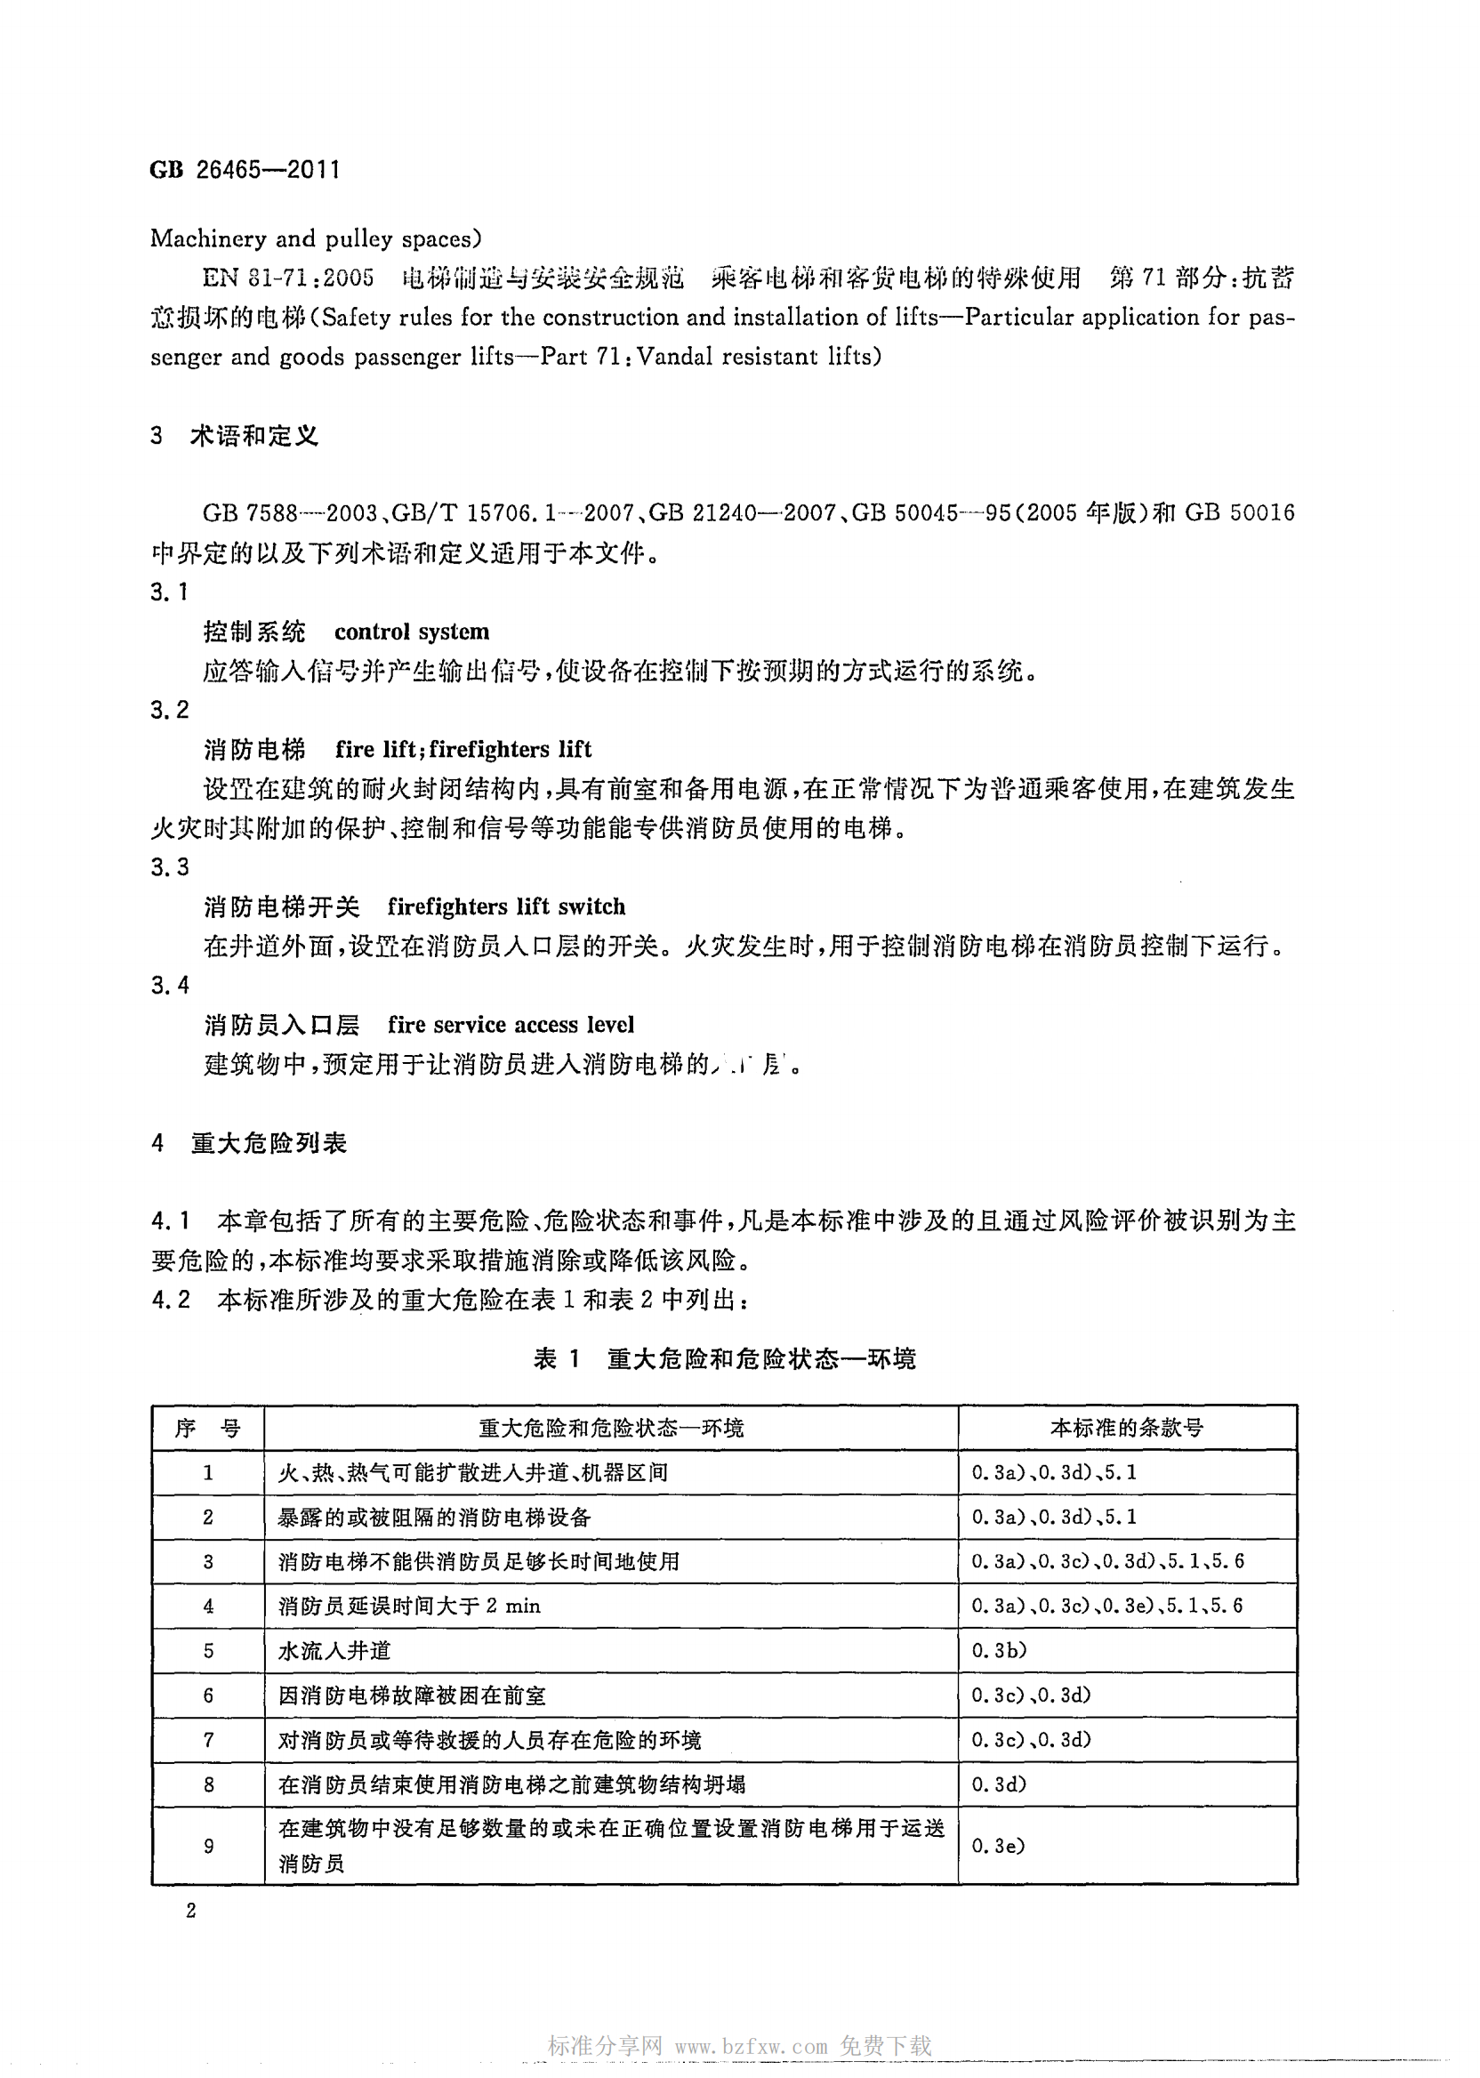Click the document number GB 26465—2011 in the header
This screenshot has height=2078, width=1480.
tap(245, 171)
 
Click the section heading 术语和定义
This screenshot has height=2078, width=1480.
tap(254, 437)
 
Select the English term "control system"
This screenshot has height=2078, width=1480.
tap(411, 632)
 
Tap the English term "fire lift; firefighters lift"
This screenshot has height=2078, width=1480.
tap(463, 749)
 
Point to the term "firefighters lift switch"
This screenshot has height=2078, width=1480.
tap(506, 906)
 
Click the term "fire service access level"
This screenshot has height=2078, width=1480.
tap(511, 1025)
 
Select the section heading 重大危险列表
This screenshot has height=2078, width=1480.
tap(269, 1143)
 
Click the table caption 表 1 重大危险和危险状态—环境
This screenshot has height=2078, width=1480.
tap(724, 1359)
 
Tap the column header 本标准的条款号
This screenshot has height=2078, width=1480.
tap(1125, 1427)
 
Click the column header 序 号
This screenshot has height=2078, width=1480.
tap(208, 1427)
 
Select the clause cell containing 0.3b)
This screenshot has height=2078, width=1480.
tap(999, 1650)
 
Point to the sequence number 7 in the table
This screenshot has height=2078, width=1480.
tap(208, 1740)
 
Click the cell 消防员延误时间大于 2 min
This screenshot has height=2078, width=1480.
tap(409, 1606)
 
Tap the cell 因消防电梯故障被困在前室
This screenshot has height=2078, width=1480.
tap(412, 1695)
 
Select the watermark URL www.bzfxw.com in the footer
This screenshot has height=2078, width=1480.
tap(751, 2046)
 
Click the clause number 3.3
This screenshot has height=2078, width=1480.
tap(170, 866)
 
